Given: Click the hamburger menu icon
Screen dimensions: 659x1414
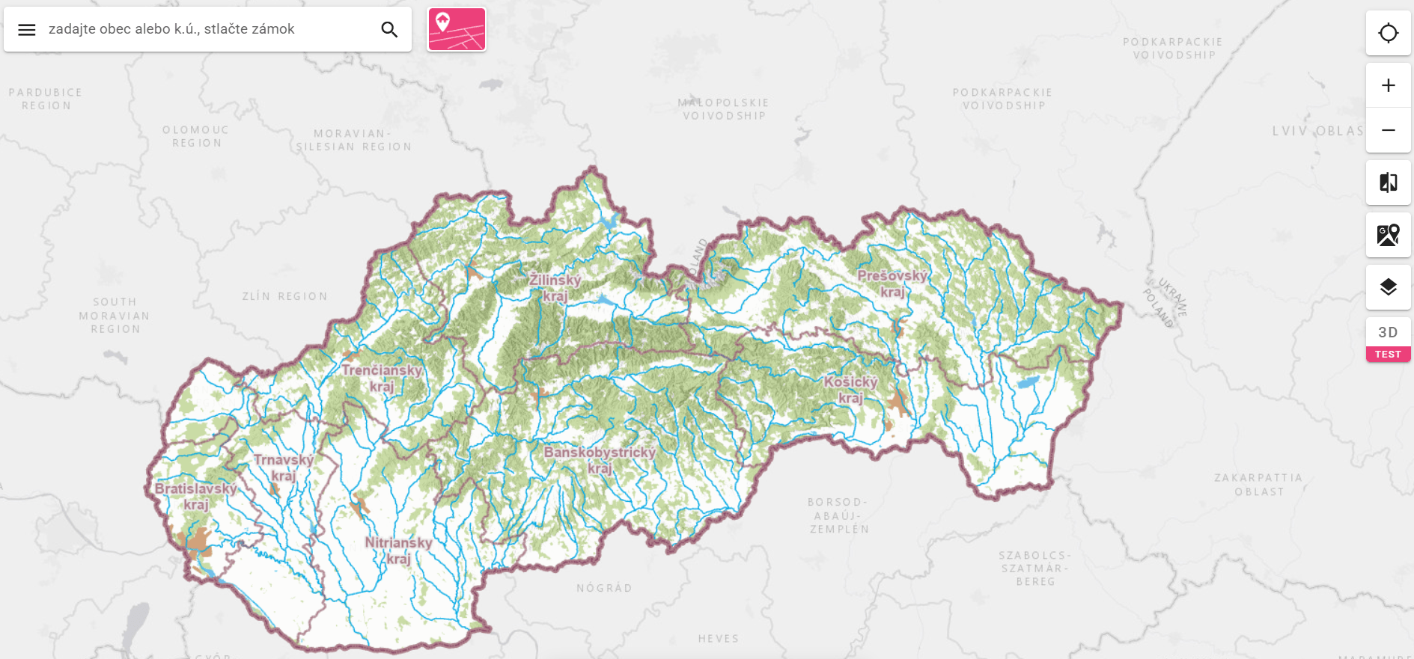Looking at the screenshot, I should (27, 30).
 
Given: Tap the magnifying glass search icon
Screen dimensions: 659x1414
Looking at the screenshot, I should (389, 30).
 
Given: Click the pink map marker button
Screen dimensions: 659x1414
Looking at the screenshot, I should (457, 30).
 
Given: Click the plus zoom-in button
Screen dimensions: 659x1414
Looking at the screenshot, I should (1388, 85).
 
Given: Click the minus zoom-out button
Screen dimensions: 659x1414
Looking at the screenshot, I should (1388, 130).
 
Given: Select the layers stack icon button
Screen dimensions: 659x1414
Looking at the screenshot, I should (1388, 287).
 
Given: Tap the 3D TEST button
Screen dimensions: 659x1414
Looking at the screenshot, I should (1388, 340).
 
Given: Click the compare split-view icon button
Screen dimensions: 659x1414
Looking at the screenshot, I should (1388, 183).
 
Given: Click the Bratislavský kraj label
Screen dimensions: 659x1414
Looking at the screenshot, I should (196, 496).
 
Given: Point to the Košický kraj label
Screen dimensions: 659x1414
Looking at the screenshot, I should (850, 390).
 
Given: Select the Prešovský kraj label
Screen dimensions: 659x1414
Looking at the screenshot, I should (892, 283).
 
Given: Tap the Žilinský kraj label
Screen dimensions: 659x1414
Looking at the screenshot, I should (555, 288).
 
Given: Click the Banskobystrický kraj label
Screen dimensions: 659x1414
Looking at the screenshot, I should (600, 460).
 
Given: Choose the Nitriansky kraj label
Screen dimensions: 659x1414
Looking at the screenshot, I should (398, 551).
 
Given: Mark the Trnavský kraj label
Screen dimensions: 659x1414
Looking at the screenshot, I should (283, 468).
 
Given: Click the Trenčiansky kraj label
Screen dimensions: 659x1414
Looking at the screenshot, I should (382, 378).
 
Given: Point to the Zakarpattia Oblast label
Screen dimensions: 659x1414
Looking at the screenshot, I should (1258, 485).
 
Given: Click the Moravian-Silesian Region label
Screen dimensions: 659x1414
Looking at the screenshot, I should (353, 140).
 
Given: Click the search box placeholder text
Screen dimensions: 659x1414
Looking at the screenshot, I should (171, 29).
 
